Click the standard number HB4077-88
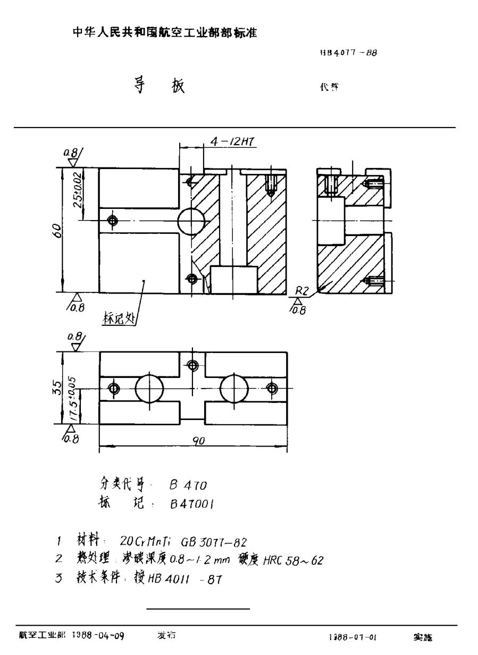348,53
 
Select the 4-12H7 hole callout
232,142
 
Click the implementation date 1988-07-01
353,636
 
